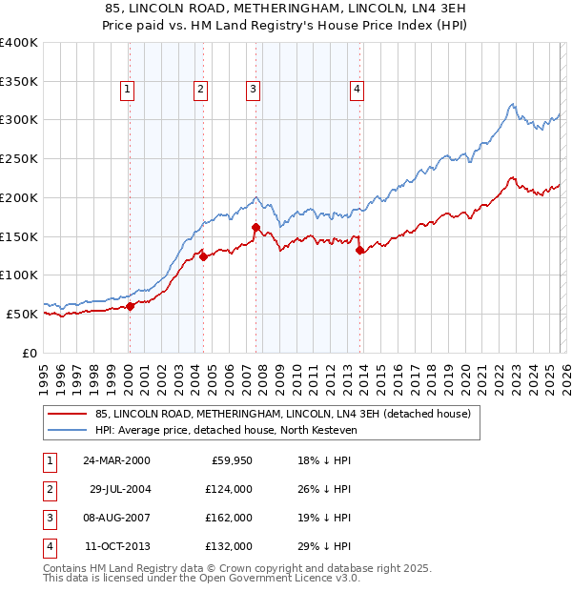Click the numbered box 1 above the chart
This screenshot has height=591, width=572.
128,91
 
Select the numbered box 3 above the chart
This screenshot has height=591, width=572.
254,91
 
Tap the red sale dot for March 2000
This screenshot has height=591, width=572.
131,306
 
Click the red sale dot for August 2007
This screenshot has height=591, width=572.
255,227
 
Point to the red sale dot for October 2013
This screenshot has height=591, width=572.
359,251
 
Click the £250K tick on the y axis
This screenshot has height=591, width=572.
18,158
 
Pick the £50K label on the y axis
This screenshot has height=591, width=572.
21,314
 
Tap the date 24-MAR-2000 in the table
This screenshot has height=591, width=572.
116,460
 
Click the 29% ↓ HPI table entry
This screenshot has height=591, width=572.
317,546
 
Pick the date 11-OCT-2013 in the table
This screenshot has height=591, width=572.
116,546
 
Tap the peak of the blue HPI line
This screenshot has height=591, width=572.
512,104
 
